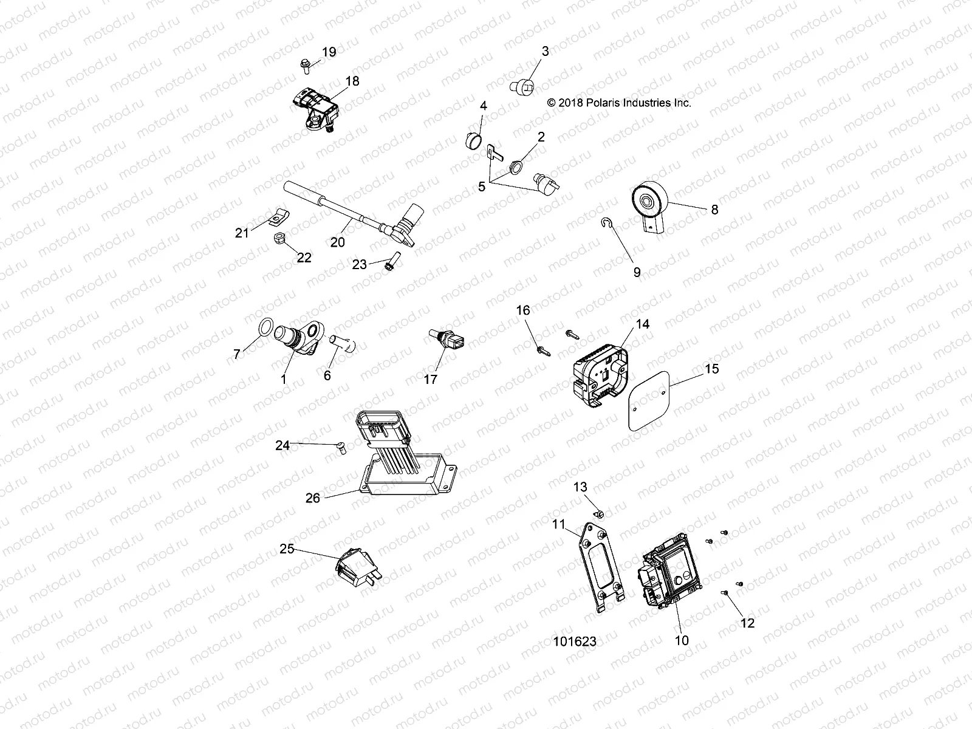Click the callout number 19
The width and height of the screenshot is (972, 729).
(x=329, y=52)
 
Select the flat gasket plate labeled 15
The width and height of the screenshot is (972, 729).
(x=647, y=401)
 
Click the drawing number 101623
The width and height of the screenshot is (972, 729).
(x=574, y=642)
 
